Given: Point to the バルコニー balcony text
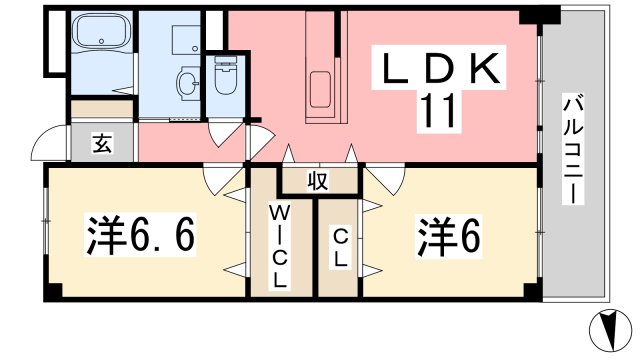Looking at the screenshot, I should pos(572,150).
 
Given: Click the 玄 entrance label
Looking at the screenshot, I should pos(102,143).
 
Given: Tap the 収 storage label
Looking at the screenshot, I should pos(318,182).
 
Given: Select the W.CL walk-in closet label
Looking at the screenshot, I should pos(279,245).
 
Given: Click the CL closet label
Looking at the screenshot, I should pos(340,247).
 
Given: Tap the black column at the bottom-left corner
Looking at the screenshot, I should pos(53,290).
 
